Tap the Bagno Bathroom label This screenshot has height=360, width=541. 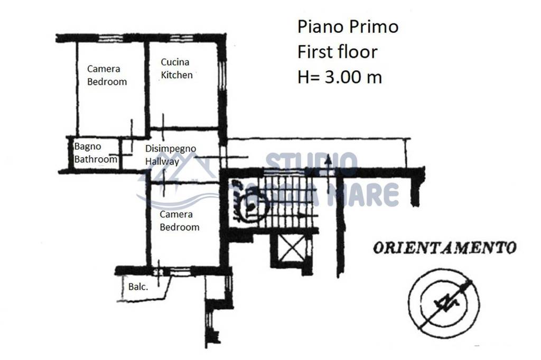pyautogui.click(x=96, y=153)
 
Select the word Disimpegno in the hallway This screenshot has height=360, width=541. pyautogui.click(x=171, y=148)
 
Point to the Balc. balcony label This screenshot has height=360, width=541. pyautogui.click(x=138, y=287)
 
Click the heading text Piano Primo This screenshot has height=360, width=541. pyautogui.click(x=348, y=26)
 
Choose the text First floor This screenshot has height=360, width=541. pyautogui.click(x=338, y=52)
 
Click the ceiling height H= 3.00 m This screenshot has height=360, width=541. pyautogui.click(x=340, y=77)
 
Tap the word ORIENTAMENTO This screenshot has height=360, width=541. pyautogui.click(x=444, y=248)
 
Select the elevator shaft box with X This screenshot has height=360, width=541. pyautogui.click(x=291, y=249)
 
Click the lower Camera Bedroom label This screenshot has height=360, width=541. pyautogui.click(x=180, y=221)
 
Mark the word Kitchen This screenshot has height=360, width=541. pyautogui.click(x=177, y=75)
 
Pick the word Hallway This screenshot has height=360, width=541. pyautogui.click(x=162, y=162)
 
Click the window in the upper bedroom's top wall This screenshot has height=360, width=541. pyautogui.click(x=110, y=37)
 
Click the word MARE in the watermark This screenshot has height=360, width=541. pyautogui.click(x=369, y=194)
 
